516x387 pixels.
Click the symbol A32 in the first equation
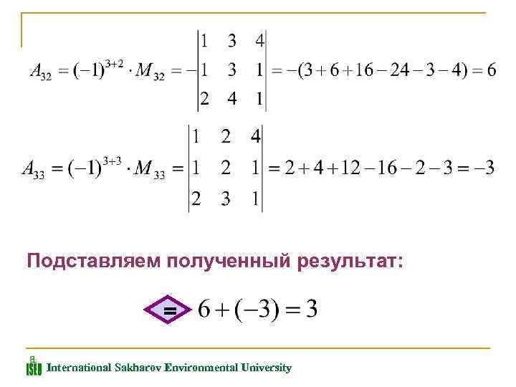coord(39,72)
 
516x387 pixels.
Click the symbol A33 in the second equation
coord(33,170)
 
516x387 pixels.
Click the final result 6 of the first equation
coord(491,70)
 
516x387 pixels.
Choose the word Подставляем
coord(93,262)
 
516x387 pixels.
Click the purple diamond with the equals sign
coord(169,311)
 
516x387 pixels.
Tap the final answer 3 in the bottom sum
coord(311,310)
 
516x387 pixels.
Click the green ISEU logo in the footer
coord(33,366)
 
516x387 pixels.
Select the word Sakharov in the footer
coord(137,368)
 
